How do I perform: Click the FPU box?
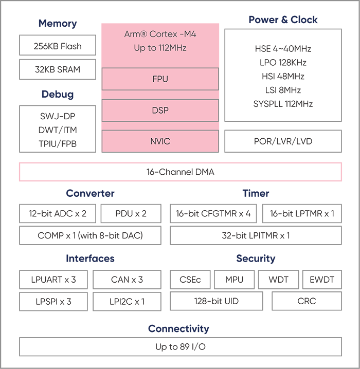point(160,79)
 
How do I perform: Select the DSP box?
point(160,110)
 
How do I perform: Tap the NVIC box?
point(160,141)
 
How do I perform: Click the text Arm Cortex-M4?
point(160,34)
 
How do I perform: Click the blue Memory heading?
point(57,20)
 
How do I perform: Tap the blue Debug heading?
point(57,93)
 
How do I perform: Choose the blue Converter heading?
point(90,193)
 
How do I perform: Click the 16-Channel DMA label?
point(180,171)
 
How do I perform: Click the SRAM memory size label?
point(57,68)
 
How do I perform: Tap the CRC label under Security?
point(190,279)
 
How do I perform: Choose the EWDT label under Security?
point(322,279)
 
